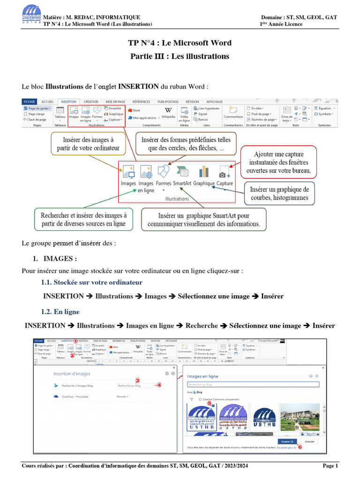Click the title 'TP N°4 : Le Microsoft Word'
click(x=180, y=43)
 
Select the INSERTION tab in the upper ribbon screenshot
click(x=68, y=101)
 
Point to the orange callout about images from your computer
click(x=88, y=144)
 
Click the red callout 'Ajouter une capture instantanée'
click(x=278, y=161)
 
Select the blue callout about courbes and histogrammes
click(x=279, y=193)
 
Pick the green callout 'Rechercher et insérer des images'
click(x=83, y=219)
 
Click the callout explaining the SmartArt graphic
click(x=203, y=220)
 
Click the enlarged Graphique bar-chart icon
click(x=204, y=172)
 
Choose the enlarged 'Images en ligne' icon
click(x=146, y=172)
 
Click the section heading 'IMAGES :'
click(x=60, y=259)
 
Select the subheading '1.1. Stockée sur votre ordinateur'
click(x=91, y=283)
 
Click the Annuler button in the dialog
click(x=309, y=442)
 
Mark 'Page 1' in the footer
click(x=330, y=465)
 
